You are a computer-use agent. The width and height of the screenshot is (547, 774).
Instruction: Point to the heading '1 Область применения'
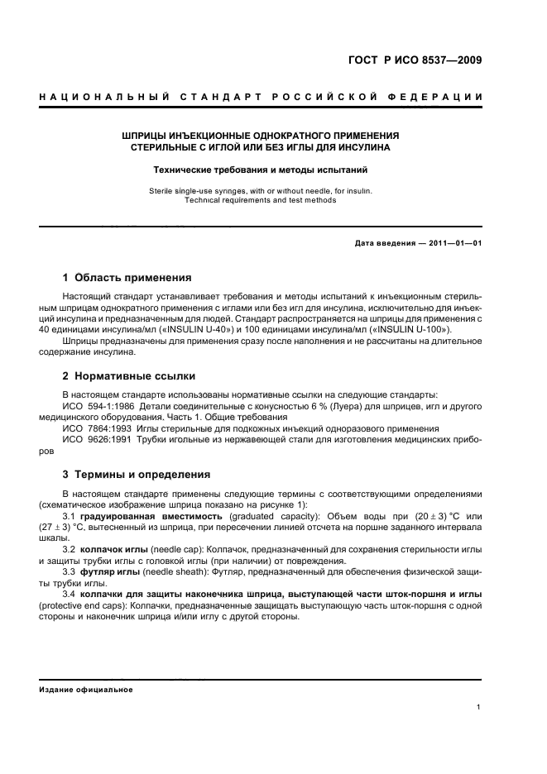127,277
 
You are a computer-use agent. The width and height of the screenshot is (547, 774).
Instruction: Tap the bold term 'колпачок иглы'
115,548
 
